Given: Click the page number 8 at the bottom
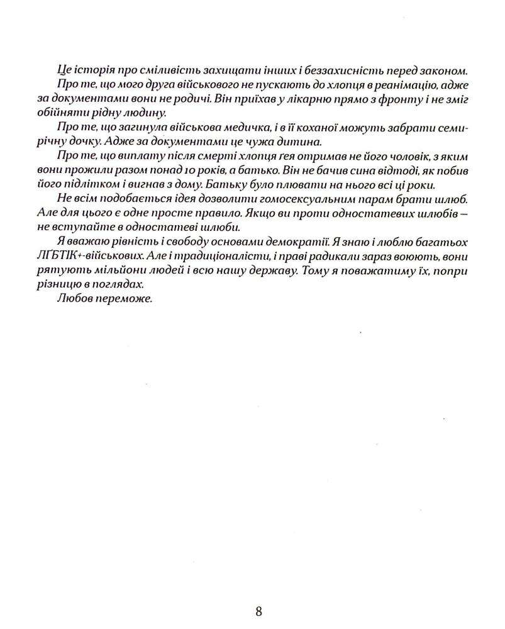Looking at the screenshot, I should click(259, 611).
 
